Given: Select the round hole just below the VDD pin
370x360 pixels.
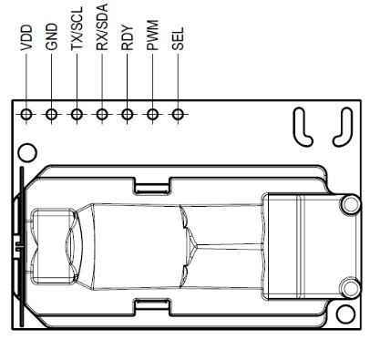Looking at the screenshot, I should coord(27,149).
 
